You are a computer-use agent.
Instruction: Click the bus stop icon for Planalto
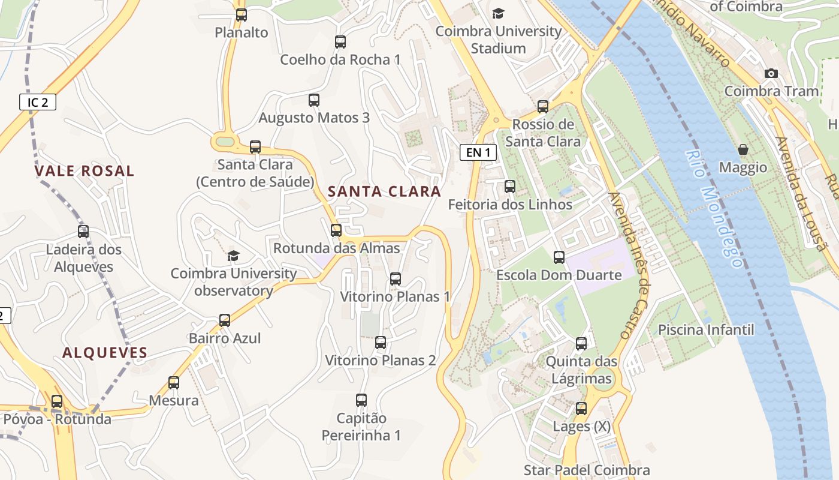point(242,15)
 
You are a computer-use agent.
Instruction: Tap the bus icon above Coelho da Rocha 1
point(340,42)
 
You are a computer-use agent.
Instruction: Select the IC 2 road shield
point(38,102)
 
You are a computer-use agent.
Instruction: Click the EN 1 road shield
point(478,152)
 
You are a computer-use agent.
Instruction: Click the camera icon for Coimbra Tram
point(771,73)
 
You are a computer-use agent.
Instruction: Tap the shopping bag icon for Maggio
point(743,149)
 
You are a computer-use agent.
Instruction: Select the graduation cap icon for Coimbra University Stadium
point(498,13)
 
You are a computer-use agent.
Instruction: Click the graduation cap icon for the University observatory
point(233,256)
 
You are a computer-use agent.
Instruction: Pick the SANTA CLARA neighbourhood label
point(384,191)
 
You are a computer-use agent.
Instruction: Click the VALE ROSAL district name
point(84,170)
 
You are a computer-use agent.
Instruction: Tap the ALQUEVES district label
point(105,353)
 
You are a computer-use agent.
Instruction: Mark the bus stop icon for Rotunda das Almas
point(336,230)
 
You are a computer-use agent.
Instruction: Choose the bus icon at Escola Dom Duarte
point(559,257)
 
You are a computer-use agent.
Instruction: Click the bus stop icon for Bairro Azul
point(225,320)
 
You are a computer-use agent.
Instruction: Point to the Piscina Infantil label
point(706,329)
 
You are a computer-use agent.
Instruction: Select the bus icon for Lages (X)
point(581,409)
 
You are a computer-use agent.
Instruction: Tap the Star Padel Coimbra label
point(587,470)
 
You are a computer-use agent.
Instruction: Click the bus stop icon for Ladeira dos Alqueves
point(83,232)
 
